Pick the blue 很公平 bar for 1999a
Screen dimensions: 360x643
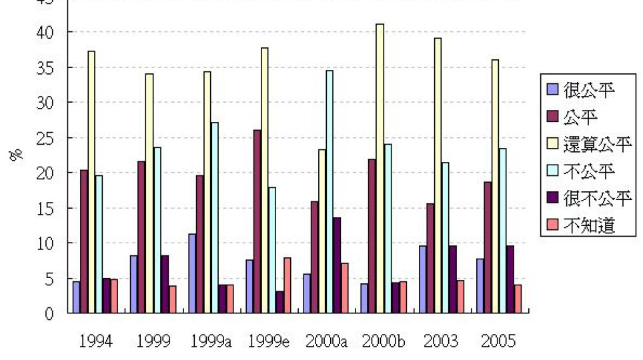pyautogui.click(x=192, y=273)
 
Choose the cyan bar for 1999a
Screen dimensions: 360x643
pyautogui.click(x=214, y=217)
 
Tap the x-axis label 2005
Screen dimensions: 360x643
pyautogui.click(x=498, y=341)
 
